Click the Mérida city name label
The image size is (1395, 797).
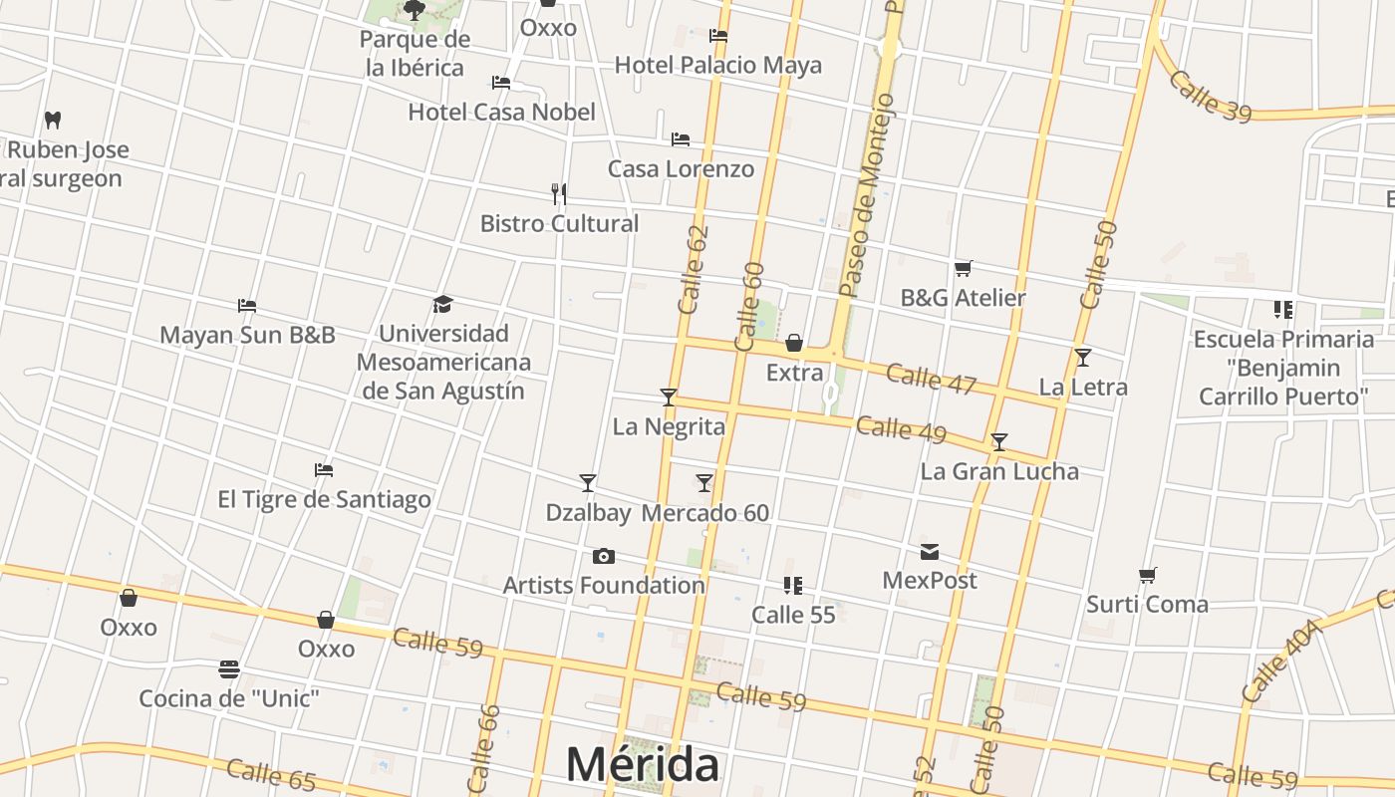[643, 765]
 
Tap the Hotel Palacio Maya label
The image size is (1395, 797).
[717, 66]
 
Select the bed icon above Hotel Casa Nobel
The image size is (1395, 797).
[501, 83]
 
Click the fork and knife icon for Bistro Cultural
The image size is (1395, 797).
[559, 193]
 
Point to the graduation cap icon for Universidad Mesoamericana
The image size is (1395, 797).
[443, 304]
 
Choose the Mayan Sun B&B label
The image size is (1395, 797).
[247, 335]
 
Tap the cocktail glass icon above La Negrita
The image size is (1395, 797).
[669, 398]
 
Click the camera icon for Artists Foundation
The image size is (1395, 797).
[603, 556]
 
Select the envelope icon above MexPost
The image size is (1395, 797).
[930, 552]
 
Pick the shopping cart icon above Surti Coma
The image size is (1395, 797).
[1147, 575]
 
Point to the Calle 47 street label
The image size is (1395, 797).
[931, 380]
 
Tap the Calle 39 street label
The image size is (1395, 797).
[1210, 96]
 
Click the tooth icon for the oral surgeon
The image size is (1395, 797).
[53, 121]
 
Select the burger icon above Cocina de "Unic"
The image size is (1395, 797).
[229, 668]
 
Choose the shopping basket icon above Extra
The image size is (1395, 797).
[794, 343]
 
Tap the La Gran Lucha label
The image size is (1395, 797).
[999, 471]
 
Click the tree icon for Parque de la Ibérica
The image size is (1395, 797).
[415, 11]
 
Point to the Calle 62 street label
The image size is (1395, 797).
[693, 270]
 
